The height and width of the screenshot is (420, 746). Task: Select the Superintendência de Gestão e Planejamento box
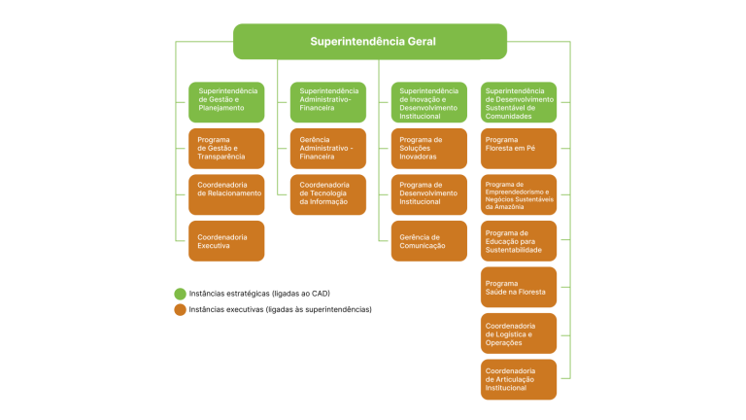[226, 102]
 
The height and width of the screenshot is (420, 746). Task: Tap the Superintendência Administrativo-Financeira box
[327, 102]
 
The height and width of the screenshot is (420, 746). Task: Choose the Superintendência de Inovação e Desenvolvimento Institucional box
[429, 102]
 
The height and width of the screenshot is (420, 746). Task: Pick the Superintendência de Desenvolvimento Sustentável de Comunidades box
[519, 102]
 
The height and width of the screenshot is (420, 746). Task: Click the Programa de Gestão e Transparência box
[226, 149]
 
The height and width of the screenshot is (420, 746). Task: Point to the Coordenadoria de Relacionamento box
[226, 194]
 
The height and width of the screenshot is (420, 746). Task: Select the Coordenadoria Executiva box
[226, 240]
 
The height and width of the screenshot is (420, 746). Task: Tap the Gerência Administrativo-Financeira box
[327, 149]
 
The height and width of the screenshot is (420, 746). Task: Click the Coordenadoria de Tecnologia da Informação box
[327, 194]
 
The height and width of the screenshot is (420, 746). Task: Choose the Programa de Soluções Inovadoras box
[429, 149]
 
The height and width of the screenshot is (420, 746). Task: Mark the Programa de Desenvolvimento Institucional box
[429, 194]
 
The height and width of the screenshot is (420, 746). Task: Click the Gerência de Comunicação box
[429, 240]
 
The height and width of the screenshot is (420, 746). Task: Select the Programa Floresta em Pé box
[519, 149]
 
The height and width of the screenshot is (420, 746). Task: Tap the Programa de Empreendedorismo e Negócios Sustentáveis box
[519, 194]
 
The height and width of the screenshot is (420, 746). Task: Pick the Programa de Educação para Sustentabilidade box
[519, 240]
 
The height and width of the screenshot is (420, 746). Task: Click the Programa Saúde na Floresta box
[519, 287]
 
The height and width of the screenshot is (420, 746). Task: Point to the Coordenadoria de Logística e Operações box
[519, 332]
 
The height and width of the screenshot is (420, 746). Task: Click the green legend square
[180, 294]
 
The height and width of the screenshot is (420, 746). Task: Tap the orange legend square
[180, 310]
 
